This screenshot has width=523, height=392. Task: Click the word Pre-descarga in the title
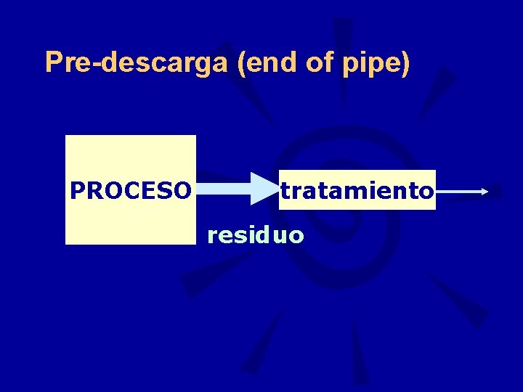[137, 63]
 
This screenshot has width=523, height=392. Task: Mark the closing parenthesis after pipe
[405, 64]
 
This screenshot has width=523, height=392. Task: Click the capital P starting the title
[53, 62]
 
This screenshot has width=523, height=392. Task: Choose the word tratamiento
[357, 191]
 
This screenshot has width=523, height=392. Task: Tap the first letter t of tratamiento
[285, 191]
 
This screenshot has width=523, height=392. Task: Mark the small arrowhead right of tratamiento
[485, 192]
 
